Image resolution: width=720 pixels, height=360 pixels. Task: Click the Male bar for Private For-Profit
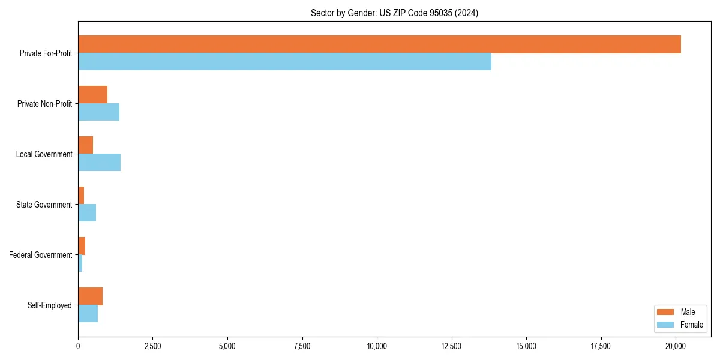tap(379, 44)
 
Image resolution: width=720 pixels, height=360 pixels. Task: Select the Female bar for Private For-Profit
tap(284, 62)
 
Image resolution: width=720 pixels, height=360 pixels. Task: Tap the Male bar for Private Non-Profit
tap(92, 95)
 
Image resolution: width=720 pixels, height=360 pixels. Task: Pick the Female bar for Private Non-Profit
tap(98, 112)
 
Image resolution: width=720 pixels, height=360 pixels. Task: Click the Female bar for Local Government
tap(99, 163)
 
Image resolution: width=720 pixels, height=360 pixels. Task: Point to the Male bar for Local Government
tap(85, 145)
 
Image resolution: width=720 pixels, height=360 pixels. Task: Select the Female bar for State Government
tap(87, 213)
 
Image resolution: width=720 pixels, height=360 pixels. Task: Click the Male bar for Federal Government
tap(82, 246)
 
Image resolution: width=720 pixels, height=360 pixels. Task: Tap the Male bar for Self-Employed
tap(90, 296)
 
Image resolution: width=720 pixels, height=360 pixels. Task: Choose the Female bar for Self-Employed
tap(88, 314)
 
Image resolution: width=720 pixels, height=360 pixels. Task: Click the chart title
tap(394, 13)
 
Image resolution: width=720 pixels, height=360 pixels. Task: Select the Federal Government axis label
tap(41, 255)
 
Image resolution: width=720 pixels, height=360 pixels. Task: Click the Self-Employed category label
tap(50, 305)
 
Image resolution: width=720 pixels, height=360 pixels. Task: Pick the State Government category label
tap(44, 205)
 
